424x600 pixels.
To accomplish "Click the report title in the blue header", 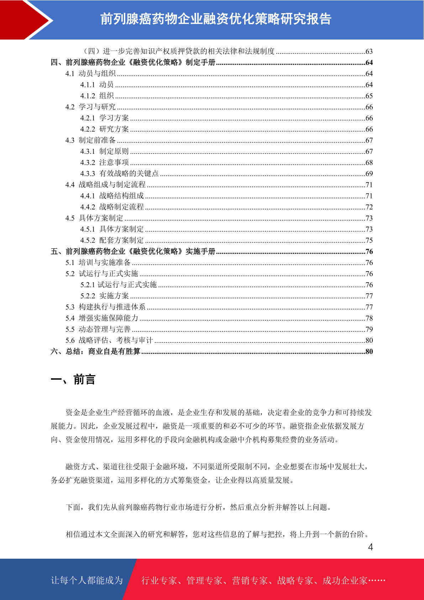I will point(216,19).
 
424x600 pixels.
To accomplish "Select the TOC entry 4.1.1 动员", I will point(97,85).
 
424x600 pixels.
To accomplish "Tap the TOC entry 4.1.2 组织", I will point(97,96).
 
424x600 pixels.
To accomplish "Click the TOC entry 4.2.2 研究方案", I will point(104,129).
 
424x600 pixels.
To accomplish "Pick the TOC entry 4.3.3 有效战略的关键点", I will point(119,174).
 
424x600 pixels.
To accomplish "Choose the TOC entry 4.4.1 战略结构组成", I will point(112,196).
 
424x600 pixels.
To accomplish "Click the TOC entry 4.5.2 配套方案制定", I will point(112,240).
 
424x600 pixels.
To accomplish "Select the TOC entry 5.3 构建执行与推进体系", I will point(105,307).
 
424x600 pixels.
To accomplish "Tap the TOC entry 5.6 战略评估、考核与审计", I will point(109,340).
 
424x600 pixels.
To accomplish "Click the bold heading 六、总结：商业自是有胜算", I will point(95,351).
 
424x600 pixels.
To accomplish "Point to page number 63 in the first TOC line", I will point(369,51).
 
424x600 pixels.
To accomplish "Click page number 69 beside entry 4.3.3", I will point(369,174).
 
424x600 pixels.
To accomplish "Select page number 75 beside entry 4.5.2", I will point(369,240).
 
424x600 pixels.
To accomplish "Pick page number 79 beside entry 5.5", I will point(369,329).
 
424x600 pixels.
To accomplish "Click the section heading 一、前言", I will point(73,379).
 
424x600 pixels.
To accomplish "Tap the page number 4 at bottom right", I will point(371,547).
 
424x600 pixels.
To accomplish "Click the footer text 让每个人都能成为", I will point(87,580).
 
